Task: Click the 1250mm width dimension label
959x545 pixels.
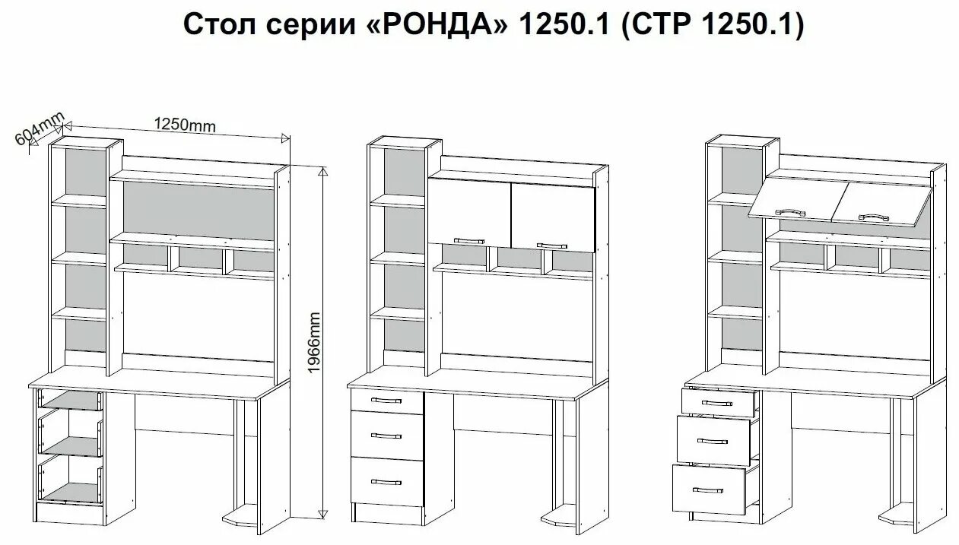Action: [185, 124]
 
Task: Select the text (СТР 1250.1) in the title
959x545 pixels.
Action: [713, 24]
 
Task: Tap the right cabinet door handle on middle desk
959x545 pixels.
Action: [551, 245]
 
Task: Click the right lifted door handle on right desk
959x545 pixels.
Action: [875, 217]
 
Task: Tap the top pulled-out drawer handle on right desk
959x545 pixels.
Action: [718, 401]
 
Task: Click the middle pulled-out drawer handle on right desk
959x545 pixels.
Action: [713, 441]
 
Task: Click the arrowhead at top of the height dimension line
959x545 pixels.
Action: [322, 171]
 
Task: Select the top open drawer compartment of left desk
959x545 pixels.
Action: [70, 401]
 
